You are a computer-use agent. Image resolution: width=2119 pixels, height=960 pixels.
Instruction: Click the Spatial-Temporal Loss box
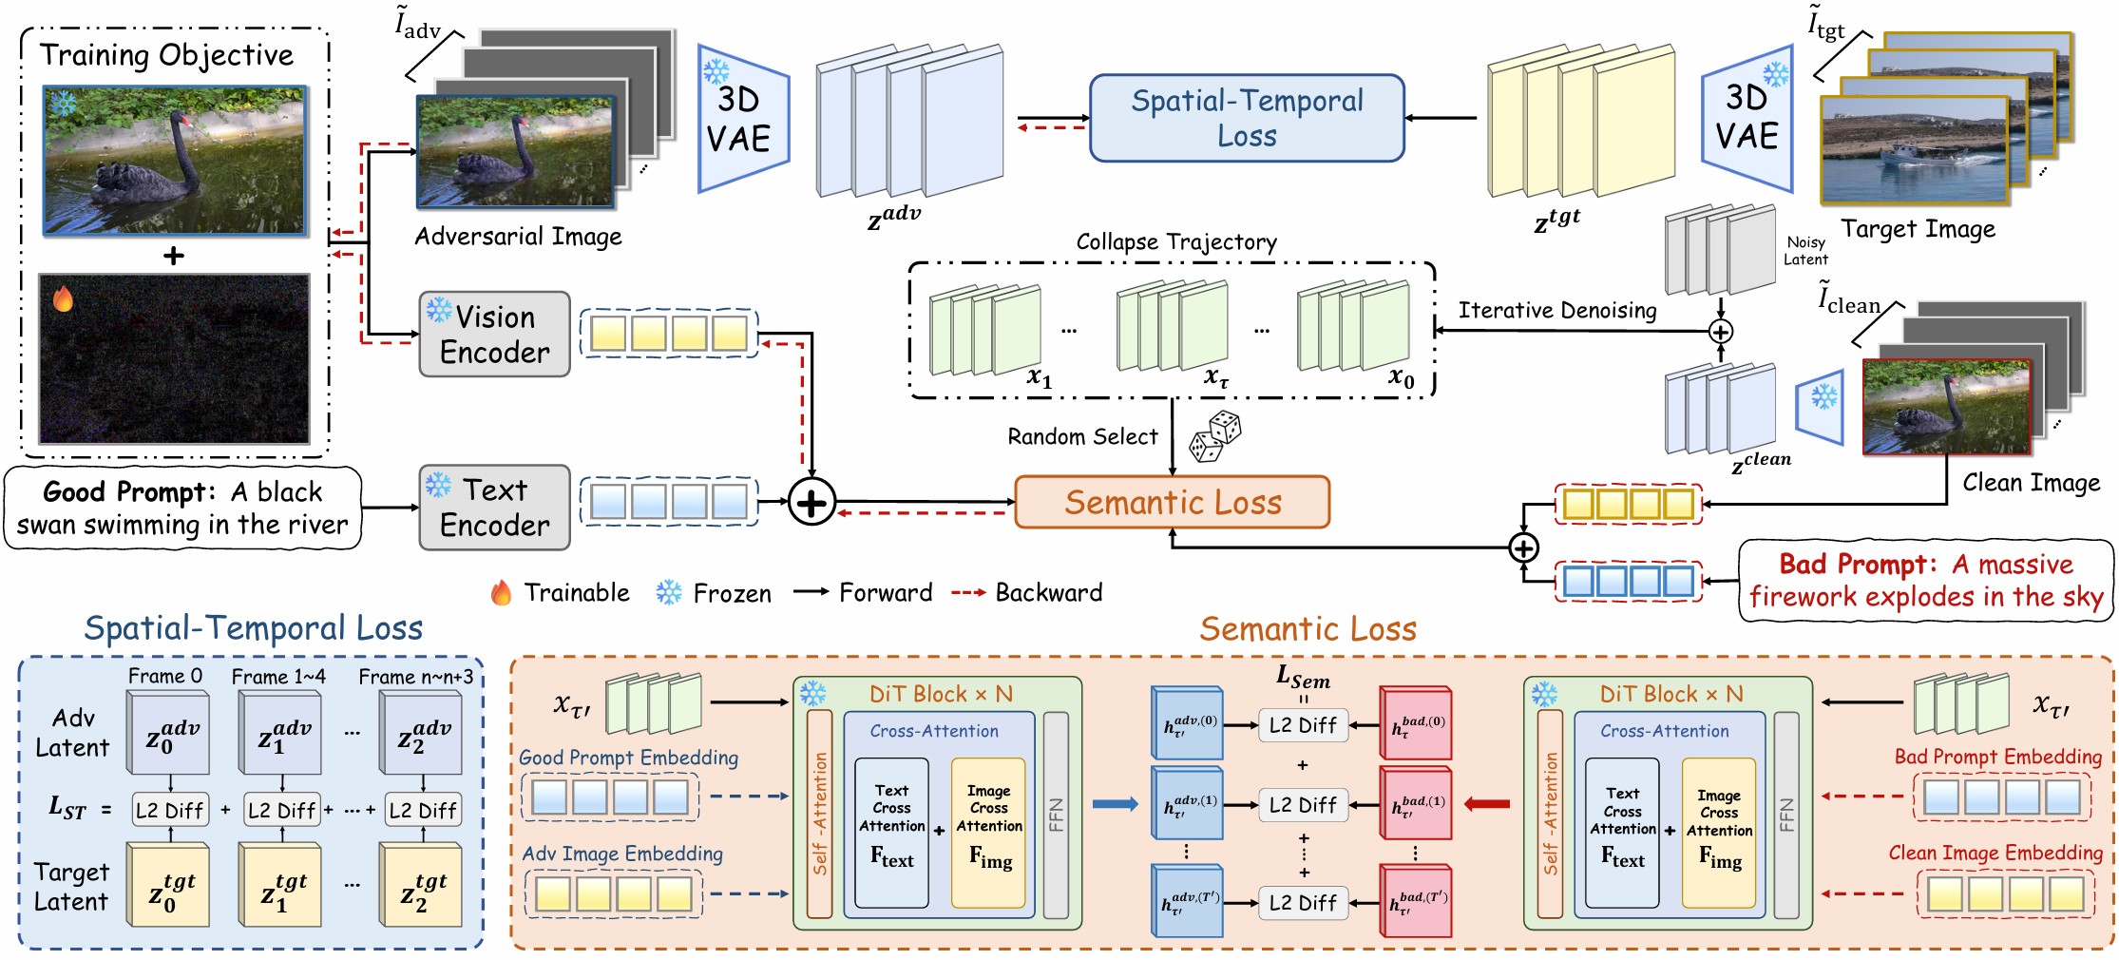click(1246, 118)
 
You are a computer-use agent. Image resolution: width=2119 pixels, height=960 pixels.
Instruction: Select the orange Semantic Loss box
click(1172, 502)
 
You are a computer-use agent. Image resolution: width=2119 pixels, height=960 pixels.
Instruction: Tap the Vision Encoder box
click(494, 334)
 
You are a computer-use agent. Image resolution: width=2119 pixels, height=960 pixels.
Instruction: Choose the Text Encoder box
click(494, 507)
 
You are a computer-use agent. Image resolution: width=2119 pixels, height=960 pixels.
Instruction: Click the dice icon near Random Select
click(1215, 436)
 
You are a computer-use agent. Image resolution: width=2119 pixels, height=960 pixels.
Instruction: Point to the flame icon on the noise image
click(64, 299)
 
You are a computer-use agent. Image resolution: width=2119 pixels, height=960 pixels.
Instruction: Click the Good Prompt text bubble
click(182, 508)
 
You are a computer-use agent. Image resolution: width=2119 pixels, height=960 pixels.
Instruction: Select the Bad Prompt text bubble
click(1925, 580)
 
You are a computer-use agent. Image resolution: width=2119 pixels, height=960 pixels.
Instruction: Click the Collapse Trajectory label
click(1175, 242)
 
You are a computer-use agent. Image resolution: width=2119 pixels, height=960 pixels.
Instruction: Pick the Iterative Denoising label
click(1556, 311)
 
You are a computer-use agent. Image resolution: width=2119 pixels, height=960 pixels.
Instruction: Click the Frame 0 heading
click(165, 677)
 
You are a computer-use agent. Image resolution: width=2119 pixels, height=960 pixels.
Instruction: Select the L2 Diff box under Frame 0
click(169, 811)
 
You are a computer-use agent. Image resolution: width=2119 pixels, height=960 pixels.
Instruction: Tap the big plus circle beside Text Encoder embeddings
click(811, 502)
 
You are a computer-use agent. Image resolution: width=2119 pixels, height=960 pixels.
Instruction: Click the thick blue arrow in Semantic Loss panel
click(1115, 804)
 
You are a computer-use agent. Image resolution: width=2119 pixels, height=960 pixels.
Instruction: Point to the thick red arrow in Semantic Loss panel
click(1487, 804)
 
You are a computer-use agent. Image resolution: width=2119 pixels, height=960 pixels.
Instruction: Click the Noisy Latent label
click(1804, 251)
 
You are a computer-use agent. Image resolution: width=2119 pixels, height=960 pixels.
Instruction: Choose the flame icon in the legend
click(501, 593)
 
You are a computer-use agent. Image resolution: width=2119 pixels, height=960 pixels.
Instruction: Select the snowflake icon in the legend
click(669, 593)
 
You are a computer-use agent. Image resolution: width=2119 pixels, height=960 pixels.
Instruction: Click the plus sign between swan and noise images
click(174, 256)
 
